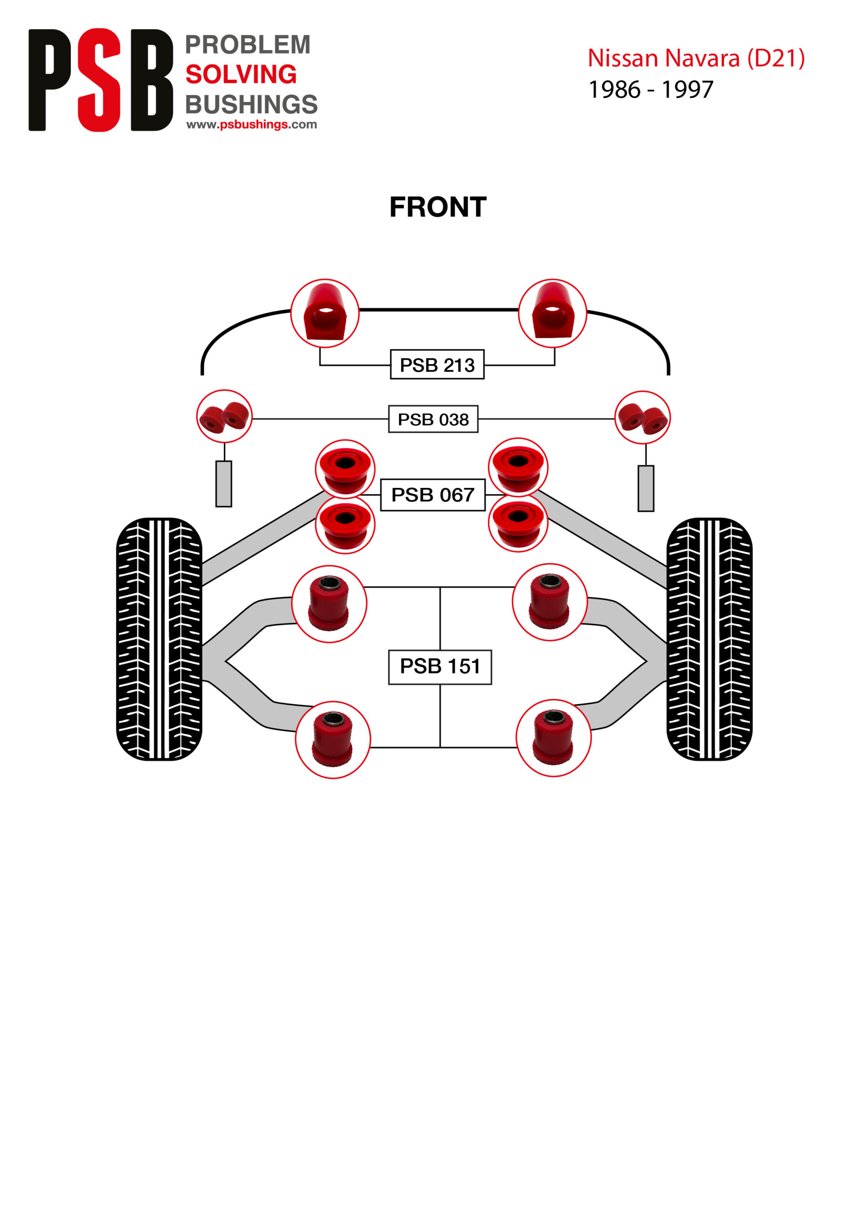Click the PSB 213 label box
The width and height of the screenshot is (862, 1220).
click(x=437, y=365)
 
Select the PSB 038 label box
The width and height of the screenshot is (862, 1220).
click(x=433, y=419)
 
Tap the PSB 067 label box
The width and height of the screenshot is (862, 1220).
click(x=432, y=495)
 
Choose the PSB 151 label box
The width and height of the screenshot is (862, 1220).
click(x=440, y=666)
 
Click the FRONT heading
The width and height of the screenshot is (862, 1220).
click(x=438, y=207)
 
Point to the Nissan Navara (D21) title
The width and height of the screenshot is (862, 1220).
click(x=696, y=58)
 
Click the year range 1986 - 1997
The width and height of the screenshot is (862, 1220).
click(x=651, y=89)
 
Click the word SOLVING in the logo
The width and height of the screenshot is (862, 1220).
click(x=241, y=74)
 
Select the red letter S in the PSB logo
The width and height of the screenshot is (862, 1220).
click(x=100, y=80)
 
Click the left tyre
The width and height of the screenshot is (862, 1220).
click(x=159, y=639)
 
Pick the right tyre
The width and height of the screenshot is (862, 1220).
click(x=709, y=639)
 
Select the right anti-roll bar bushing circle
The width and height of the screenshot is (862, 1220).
click(x=552, y=314)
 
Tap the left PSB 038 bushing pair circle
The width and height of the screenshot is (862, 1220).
click(x=224, y=416)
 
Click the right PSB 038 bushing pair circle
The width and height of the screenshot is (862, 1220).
click(x=642, y=417)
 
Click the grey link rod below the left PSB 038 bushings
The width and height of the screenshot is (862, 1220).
click(x=224, y=484)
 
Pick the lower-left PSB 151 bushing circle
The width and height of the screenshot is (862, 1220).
click(x=332, y=740)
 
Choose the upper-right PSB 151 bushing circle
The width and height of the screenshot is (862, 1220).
click(x=550, y=602)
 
